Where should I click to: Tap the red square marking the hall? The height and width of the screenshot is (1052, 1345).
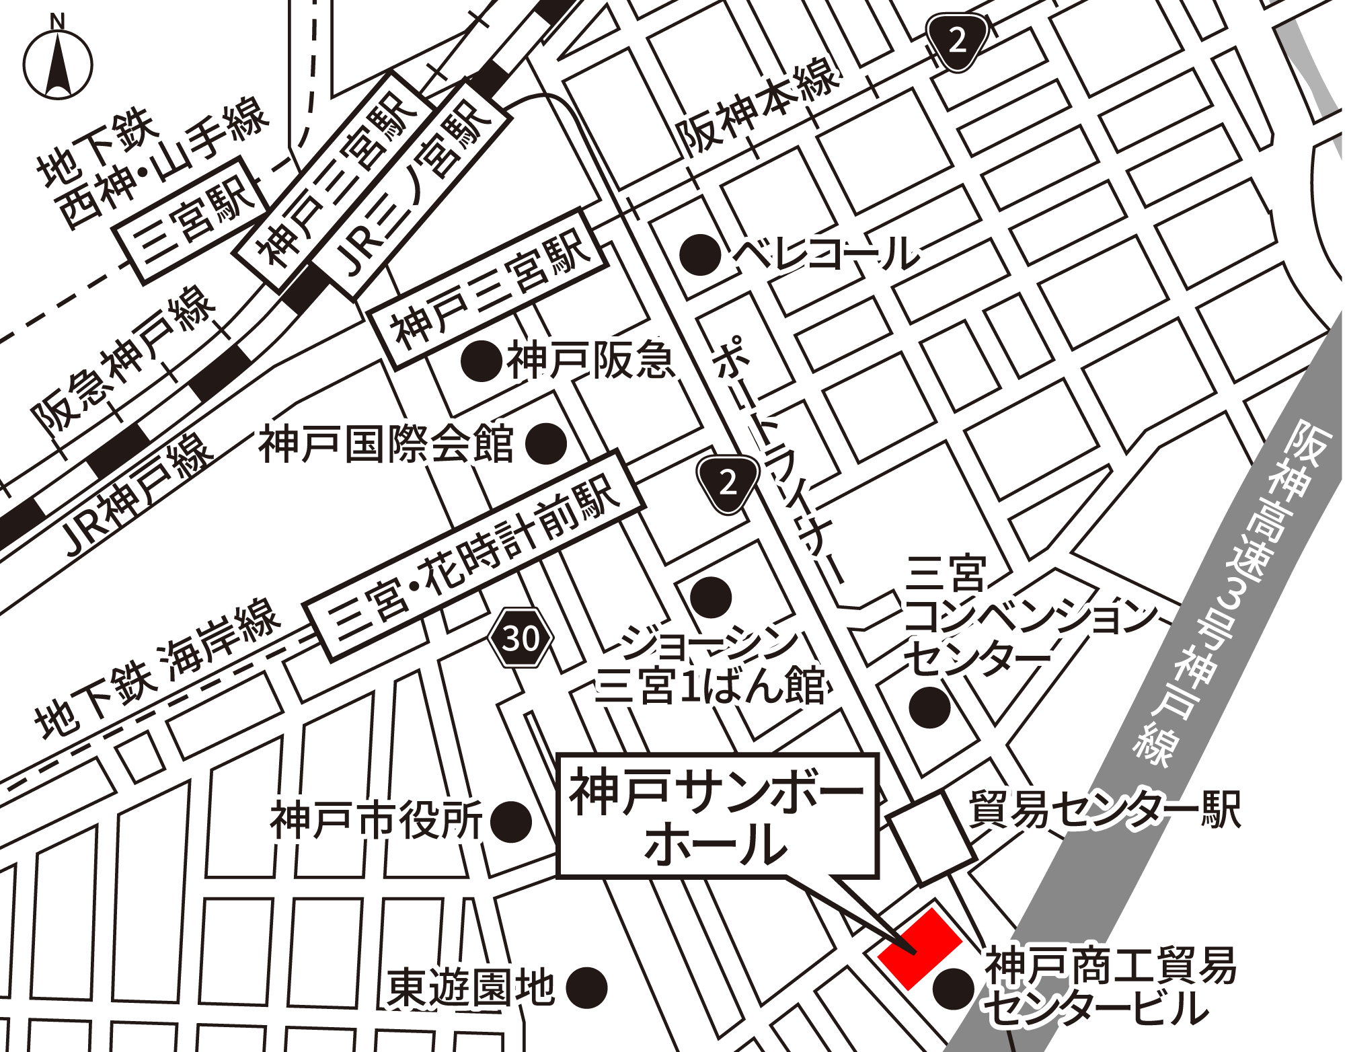point(919,948)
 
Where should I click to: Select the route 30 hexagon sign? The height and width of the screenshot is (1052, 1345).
point(521,638)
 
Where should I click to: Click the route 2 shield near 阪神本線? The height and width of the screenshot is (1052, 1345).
point(958,42)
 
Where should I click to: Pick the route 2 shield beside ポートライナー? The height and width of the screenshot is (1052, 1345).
point(728,482)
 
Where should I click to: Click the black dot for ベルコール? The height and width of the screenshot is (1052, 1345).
point(699,255)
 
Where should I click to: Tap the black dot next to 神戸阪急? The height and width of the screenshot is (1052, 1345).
point(482,361)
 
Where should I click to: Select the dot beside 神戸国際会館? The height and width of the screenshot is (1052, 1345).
point(545,444)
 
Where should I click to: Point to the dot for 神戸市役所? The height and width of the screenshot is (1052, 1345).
point(511,821)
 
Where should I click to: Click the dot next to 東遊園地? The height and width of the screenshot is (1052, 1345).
point(586,988)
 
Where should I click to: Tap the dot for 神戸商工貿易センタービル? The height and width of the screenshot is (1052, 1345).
point(954,989)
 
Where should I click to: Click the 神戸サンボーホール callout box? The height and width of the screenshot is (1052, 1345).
point(718,815)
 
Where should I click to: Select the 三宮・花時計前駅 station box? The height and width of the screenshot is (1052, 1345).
point(474,555)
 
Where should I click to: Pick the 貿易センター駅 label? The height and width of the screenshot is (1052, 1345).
point(1104,809)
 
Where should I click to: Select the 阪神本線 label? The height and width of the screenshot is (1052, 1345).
point(759,109)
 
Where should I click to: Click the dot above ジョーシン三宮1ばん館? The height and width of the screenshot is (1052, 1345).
point(711,597)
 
